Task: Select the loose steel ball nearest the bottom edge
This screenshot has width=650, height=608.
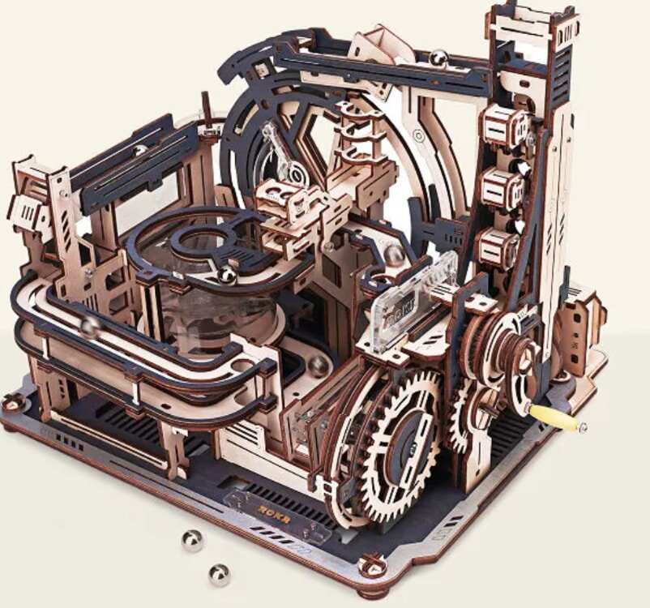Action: click(x=218, y=574)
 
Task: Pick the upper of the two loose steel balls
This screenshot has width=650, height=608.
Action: click(x=192, y=541)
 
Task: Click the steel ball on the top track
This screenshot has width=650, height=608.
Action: click(x=438, y=58)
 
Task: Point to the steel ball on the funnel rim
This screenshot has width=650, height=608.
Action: click(x=228, y=276)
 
